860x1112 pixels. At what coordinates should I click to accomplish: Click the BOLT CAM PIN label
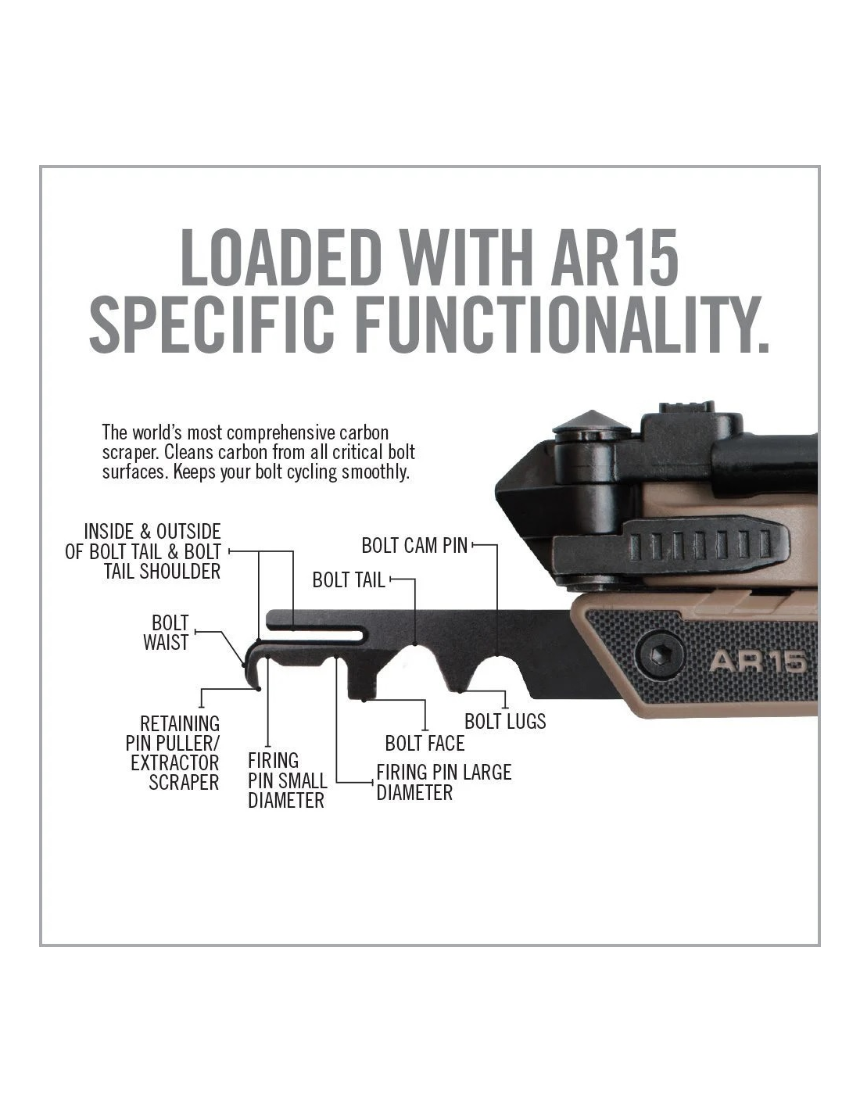(414, 546)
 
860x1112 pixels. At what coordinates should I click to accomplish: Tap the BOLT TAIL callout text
(349, 580)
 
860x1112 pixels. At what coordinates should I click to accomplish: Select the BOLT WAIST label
(166, 633)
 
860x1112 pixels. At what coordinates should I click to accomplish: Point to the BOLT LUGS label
(505, 722)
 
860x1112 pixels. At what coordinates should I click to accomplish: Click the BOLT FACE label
(425, 744)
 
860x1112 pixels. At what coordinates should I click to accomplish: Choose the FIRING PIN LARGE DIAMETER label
(443, 783)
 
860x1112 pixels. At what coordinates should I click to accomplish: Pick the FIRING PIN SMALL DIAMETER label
(287, 781)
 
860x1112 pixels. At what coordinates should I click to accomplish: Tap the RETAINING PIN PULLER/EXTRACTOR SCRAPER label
(173, 753)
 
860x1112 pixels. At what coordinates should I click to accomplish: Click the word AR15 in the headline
(615, 257)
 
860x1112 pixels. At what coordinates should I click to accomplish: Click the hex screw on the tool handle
(659, 654)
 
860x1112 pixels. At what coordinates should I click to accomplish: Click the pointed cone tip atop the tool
(591, 421)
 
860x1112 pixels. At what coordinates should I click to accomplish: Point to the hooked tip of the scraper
(253, 673)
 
